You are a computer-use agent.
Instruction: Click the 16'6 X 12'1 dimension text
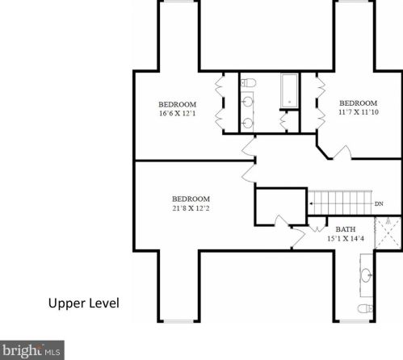178,113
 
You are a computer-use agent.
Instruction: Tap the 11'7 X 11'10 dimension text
359,112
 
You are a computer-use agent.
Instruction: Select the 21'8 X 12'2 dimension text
191,208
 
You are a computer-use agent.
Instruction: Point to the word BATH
346,229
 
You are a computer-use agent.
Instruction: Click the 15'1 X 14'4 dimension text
346,238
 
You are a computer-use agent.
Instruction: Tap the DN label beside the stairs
379,203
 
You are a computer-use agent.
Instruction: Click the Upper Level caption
84,303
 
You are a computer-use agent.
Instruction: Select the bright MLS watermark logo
32,350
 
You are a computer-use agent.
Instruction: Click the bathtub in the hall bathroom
289,90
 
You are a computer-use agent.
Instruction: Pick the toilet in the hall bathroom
248,82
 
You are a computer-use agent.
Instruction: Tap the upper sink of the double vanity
247,102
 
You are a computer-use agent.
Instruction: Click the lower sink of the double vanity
247,123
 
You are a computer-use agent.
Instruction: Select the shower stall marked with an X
388,233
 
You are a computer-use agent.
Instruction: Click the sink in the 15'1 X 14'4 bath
366,275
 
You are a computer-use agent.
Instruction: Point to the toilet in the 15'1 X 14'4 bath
365,308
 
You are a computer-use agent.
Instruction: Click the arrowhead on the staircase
311,203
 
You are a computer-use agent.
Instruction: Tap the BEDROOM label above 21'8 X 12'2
191,199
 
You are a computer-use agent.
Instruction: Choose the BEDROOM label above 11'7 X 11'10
359,103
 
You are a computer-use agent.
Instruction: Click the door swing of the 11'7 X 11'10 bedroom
342,153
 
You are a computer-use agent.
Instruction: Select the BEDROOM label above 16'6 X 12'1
178,104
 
